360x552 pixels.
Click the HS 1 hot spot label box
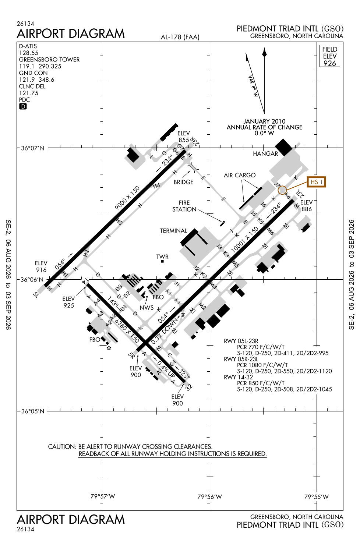pos(316,182)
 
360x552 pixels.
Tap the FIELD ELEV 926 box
pos(330,56)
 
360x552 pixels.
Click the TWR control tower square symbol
pos(162,261)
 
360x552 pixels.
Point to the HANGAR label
pos(265,154)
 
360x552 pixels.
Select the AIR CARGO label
pos(240,175)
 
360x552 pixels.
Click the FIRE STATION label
pos(184,206)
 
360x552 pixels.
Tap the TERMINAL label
pos(174,231)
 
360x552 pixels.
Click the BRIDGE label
pos(183,182)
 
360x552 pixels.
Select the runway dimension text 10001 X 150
pos(245,239)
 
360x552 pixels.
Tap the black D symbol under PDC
pos(23,106)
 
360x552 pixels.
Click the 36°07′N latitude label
pos(32,148)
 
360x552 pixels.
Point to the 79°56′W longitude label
pos(209,496)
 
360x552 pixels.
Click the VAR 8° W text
pos(253,86)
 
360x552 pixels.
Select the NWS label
pos(147,308)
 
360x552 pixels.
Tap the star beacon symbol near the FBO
pos(109,348)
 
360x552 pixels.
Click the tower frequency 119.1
pos(24,66)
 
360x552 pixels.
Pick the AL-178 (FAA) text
pos(180,37)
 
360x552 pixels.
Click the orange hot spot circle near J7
pos(282,190)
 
